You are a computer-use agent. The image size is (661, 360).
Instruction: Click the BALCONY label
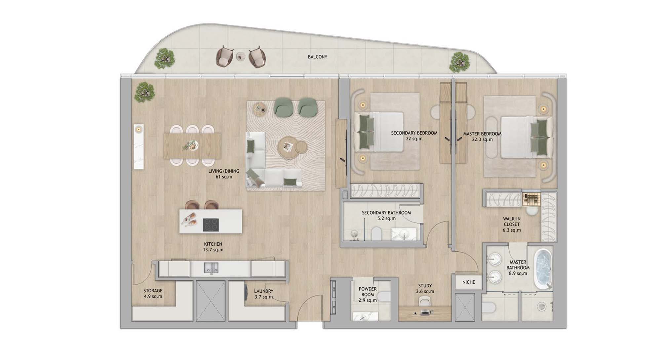(x=317, y=57)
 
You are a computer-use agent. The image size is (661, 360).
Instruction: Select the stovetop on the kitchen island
(x=211, y=225)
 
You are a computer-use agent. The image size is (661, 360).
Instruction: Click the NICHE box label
(x=469, y=282)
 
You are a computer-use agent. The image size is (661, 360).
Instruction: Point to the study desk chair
(x=424, y=301)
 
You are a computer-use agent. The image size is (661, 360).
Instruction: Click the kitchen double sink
(x=211, y=268)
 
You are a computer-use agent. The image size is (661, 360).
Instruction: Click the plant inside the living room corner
(x=144, y=92)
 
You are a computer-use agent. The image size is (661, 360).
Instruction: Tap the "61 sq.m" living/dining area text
(x=224, y=177)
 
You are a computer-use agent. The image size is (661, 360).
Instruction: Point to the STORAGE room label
(x=153, y=291)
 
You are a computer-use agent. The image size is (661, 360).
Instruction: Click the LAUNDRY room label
(x=264, y=291)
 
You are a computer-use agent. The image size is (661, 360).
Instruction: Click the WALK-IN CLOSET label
(x=512, y=221)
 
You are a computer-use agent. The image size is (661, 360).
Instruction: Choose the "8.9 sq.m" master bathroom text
(x=518, y=273)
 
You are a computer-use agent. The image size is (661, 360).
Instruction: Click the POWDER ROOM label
(x=368, y=292)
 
